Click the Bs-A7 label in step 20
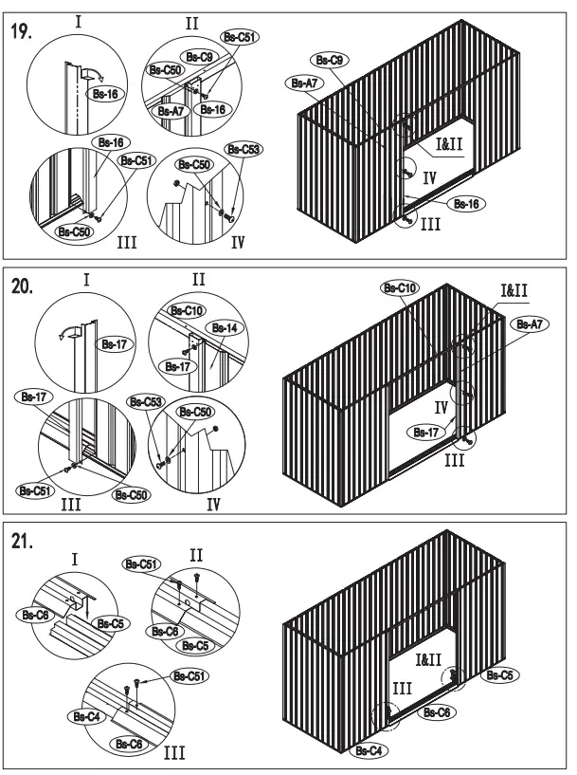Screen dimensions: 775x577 (x=531, y=324)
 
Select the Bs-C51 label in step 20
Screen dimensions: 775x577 (x=35, y=490)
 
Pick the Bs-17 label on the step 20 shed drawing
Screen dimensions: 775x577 (x=426, y=432)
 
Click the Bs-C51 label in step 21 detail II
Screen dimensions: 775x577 (x=140, y=564)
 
